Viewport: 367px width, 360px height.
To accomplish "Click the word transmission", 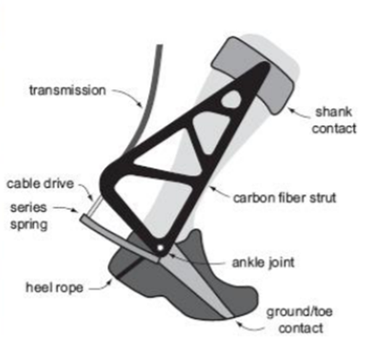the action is (x=67, y=91).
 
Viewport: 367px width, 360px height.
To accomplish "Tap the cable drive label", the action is (x=40, y=184).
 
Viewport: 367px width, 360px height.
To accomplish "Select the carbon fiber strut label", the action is (x=284, y=198).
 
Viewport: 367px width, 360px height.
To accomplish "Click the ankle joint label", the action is (x=263, y=263).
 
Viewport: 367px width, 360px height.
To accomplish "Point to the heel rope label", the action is (x=54, y=288).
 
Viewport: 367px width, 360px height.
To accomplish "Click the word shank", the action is (x=334, y=112).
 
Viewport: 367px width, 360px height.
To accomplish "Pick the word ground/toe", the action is (x=300, y=312).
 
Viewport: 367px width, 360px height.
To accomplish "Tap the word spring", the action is (x=29, y=225).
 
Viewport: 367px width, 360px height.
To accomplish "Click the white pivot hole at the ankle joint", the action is (x=160, y=248).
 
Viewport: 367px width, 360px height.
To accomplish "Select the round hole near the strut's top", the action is (x=231, y=99).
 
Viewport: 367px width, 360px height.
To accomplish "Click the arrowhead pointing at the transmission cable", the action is (x=140, y=104).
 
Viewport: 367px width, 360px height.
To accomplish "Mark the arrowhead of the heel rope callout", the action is (x=110, y=282).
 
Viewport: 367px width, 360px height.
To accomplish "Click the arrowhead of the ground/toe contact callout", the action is (x=239, y=324).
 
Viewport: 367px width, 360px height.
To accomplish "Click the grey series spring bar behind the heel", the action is (x=120, y=238).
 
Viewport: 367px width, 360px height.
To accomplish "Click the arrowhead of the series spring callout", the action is (x=75, y=210).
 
